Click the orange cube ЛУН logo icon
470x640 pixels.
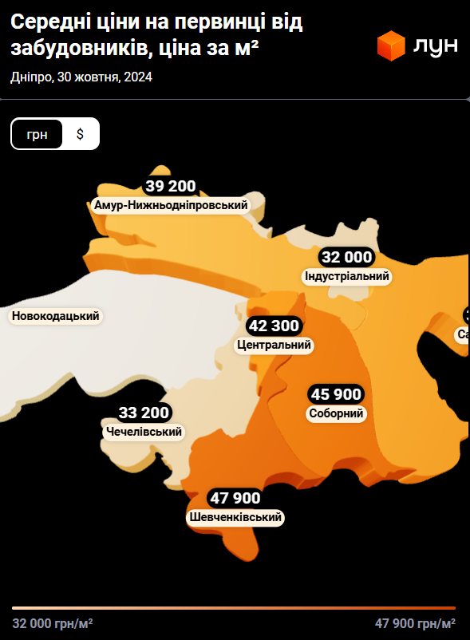[x=392, y=45]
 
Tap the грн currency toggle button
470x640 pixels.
[x=37, y=134]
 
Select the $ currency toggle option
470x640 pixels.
[x=80, y=134]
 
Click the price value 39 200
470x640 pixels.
[x=170, y=187]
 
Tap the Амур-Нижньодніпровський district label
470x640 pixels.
[x=171, y=205]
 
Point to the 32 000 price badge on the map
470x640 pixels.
[x=346, y=257]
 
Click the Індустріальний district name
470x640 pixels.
[x=346, y=276]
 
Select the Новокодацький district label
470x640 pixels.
[x=56, y=317]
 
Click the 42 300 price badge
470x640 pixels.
[x=274, y=326]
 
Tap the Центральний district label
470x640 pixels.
[x=274, y=346]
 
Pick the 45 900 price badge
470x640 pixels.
[x=336, y=394]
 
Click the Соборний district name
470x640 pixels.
[x=336, y=413]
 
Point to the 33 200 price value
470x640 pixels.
[x=144, y=413]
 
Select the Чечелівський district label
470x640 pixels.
[x=144, y=432]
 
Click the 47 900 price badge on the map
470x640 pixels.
[x=235, y=498]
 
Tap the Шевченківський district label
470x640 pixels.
[x=235, y=518]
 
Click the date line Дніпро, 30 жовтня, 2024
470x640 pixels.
[x=81, y=77]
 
